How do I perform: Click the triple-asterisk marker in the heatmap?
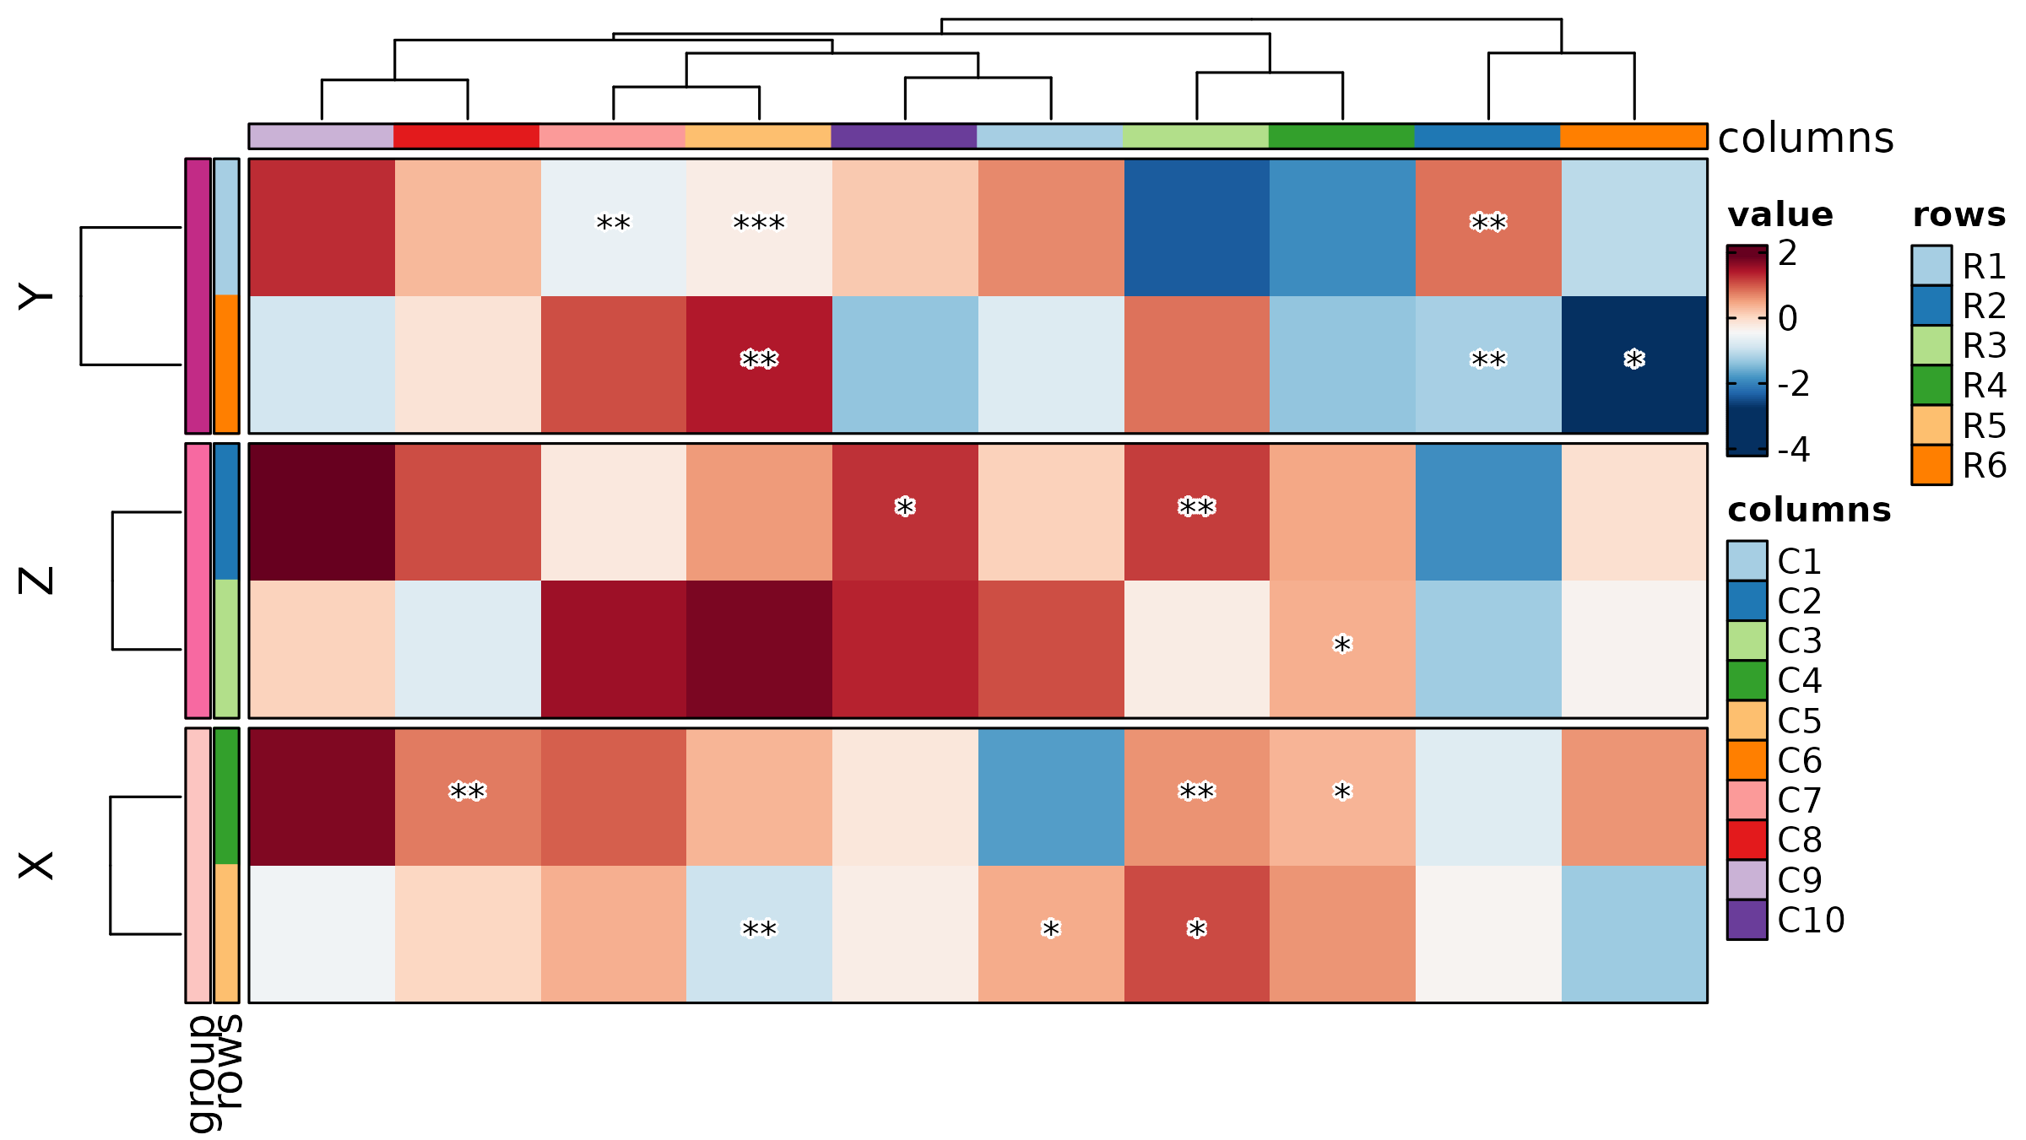click(759, 224)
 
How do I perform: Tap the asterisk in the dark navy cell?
click(1634, 360)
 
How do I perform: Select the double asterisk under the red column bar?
click(467, 792)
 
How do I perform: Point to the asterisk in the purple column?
click(905, 508)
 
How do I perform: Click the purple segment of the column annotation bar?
click(904, 136)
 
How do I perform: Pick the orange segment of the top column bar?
click(1633, 136)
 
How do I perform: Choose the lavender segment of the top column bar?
click(322, 136)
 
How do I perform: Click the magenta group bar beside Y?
click(198, 295)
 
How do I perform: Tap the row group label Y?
click(36, 296)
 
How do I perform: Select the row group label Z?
click(36, 581)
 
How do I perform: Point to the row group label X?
click(36, 866)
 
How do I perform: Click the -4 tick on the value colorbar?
click(1794, 449)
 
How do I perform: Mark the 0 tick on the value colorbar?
click(1788, 319)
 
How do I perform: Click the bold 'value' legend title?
click(1780, 215)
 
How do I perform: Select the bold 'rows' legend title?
click(1959, 215)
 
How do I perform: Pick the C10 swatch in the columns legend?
click(1747, 920)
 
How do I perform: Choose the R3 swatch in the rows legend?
click(1931, 345)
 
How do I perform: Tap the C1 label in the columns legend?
click(1800, 561)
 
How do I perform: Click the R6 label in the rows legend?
click(1985, 466)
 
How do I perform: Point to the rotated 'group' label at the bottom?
click(203, 1073)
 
